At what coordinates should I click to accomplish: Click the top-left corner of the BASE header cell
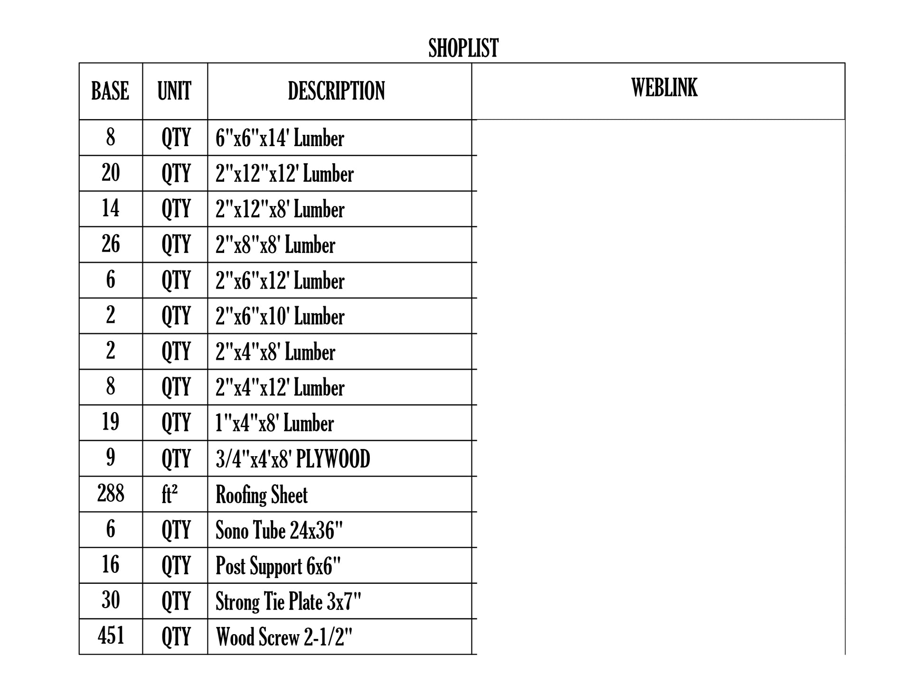pyautogui.click(x=79, y=63)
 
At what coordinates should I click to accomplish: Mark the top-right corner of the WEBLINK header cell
pyautogui.click(x=845, y=63)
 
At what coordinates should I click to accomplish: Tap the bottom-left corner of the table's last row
pyautogui.click(x=79, y=655)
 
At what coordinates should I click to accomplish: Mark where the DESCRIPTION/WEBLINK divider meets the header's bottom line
pyautogui.click(x=472, y=120)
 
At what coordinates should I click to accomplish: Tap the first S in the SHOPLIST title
pyautogui.click(x=433, y=48)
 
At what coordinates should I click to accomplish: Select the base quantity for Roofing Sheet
pyautogui.click(x=111, y=493)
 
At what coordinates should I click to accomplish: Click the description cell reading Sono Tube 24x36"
pyautogui.click(x=279, y=530)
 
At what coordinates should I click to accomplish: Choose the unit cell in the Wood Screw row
pyautogui.click(x=176, y=637)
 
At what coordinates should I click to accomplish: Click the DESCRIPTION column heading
pyautogui.click(x=336, y=91)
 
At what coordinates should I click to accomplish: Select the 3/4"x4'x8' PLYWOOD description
pyautogui.click(x=292, y=459)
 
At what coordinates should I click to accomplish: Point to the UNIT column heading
pyautogui.click(x=174, y=91)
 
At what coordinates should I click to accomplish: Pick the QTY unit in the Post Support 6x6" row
pyautogui.click(x=176, y=566)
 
